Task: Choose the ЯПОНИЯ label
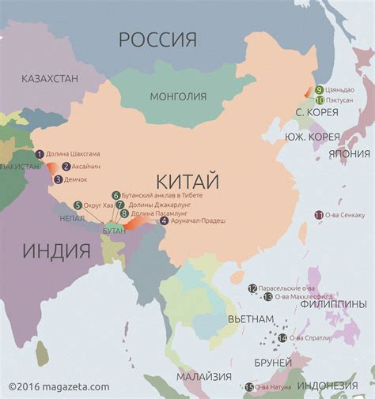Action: coord(349,153)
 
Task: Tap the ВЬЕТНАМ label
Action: coord(250,319)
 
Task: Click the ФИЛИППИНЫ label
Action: coord(332,304)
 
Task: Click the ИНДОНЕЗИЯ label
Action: coord(328,386)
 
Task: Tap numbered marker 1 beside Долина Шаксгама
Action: coord(40,154)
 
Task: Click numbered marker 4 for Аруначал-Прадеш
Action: coord(164,221)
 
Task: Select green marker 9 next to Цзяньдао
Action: coord(319,90)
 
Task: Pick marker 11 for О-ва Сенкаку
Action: coord(319,215)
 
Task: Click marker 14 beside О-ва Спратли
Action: coord(282,338)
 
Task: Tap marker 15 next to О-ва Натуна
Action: coord(249,387)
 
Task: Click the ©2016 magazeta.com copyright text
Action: coord(59,386)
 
